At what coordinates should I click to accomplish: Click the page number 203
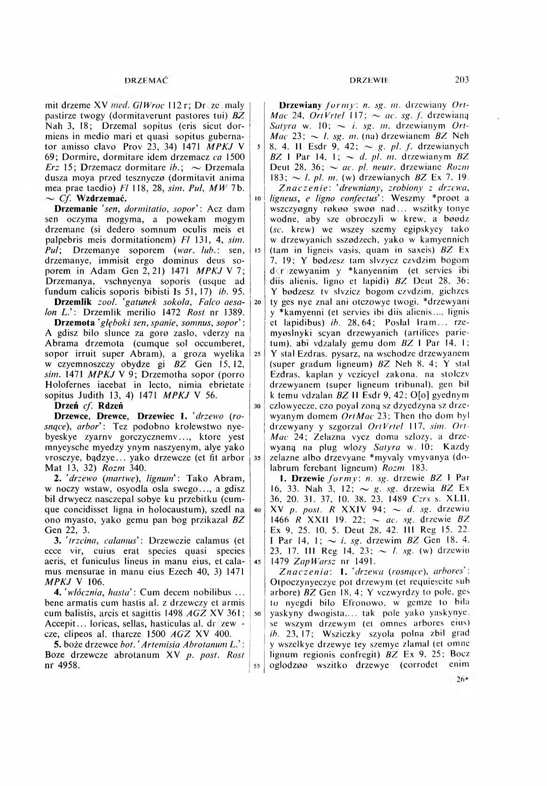[462, 80]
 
